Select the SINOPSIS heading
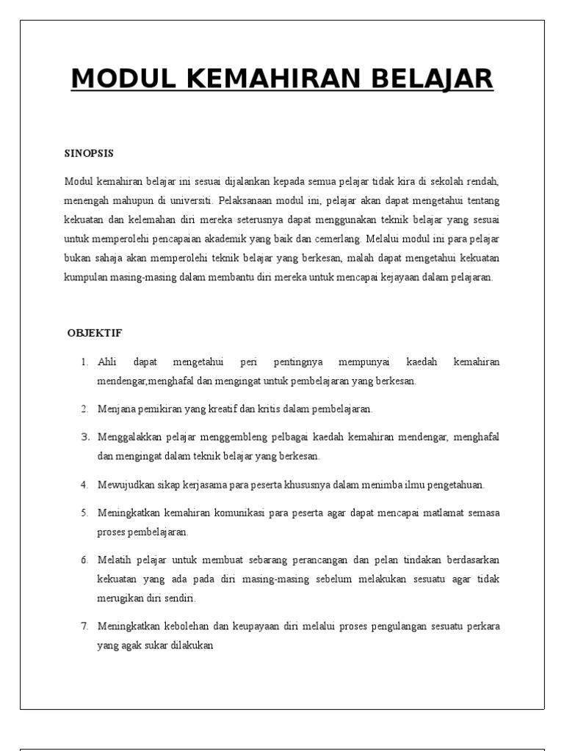pos(90,153)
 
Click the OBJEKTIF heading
pos(95,333)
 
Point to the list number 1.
pos(84,362)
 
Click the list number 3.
pos(84,437)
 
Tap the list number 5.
pos(84,512)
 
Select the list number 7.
pos(84,626)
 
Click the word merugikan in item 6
pos(120,598)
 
